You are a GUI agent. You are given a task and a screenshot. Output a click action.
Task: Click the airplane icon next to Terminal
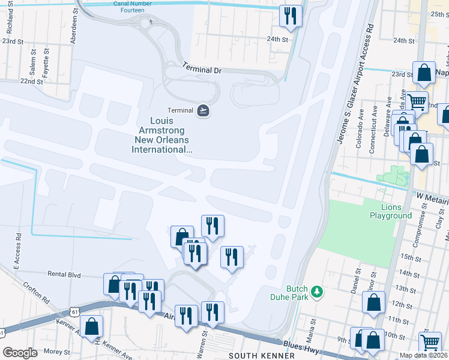(204, 110)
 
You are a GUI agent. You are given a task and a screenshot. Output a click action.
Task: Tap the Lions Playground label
(391, 211)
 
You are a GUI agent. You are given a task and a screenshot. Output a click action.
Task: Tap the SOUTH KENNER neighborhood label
(262, 356)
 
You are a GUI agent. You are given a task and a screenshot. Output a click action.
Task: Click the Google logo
(20, 353)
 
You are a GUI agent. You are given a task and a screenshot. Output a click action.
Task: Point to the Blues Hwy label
(297, 344)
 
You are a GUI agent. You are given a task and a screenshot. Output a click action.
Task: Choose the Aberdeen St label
(75, 23)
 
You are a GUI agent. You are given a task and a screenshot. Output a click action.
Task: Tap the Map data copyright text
(423, 355)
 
